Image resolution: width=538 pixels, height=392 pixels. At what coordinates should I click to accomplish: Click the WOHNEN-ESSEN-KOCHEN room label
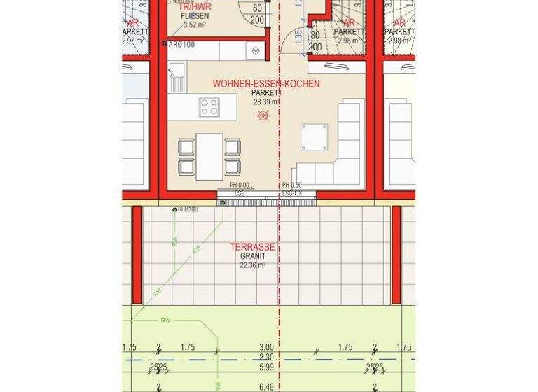point(266,83)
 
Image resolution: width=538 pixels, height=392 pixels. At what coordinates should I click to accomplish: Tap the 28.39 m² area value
point(266,101)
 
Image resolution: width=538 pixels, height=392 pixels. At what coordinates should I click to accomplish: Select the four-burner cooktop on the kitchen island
point(209,107)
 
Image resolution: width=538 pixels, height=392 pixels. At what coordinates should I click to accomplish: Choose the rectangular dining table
point(209,156)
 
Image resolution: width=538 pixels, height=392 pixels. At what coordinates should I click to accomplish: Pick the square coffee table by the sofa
point(314,137)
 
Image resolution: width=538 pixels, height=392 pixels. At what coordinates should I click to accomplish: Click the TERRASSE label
point(252,247)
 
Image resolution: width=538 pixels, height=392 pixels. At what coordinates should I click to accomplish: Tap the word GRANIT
point(252,256)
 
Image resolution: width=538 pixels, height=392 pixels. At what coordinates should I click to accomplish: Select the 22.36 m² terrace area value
point(252,265)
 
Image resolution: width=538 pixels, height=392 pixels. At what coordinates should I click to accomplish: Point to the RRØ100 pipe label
point(187,209)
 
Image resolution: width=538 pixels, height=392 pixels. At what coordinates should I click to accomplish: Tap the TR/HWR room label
point(195,6)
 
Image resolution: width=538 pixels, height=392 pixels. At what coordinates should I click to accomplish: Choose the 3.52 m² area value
point(195,24)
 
